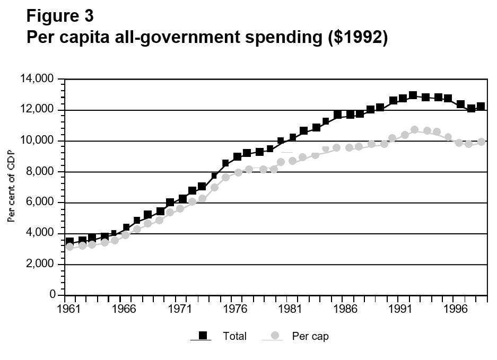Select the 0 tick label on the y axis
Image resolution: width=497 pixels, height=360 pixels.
[x=53, y=295]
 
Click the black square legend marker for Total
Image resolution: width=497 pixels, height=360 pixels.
[x=202, y=335]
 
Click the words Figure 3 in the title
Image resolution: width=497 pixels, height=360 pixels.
[x=60, y=16]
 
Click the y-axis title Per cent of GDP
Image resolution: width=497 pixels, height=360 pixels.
[x=12, y=186]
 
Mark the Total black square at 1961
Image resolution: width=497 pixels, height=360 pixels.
[x=69, y=242]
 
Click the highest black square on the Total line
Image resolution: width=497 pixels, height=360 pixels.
[x=413, y=95]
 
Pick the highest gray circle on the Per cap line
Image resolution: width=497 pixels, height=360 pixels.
[x=414, y=130]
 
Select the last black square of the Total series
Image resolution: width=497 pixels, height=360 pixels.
[x=481, y=107]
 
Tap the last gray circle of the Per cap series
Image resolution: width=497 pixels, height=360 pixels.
[x=481, y=142]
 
